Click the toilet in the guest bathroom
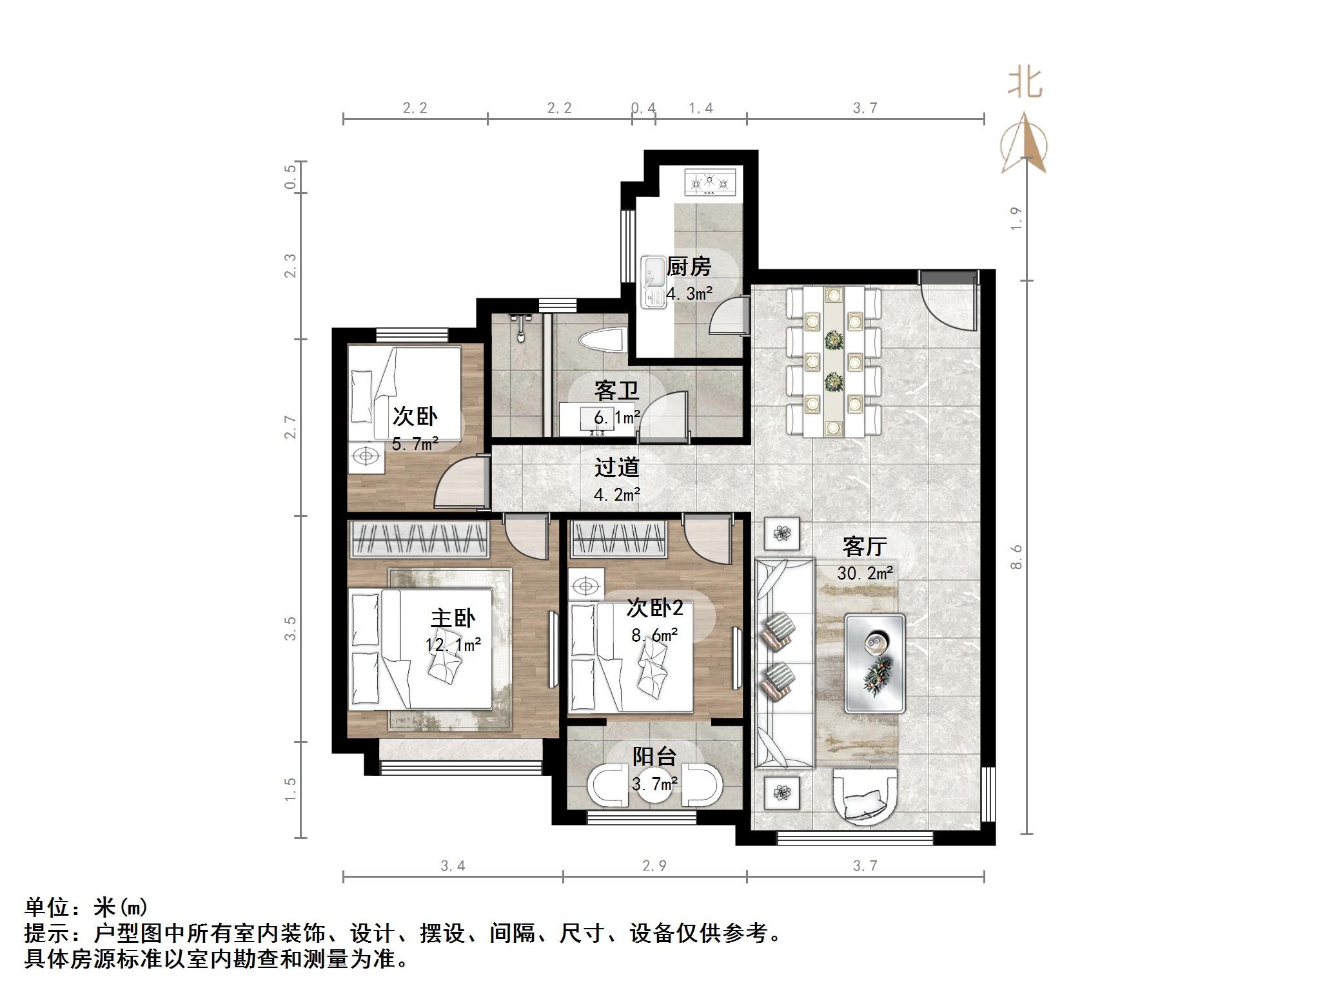pos(603,340)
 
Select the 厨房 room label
pos(689,266)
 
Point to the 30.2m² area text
pos(865,573)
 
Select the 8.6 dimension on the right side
pos(1016,557)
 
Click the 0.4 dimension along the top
pos(643,108)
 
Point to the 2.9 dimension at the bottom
pos(654,865)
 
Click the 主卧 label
pos(453,618)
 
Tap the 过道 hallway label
pos(616,467)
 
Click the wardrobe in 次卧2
pos(618,538)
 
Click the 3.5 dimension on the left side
pos(291,628)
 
